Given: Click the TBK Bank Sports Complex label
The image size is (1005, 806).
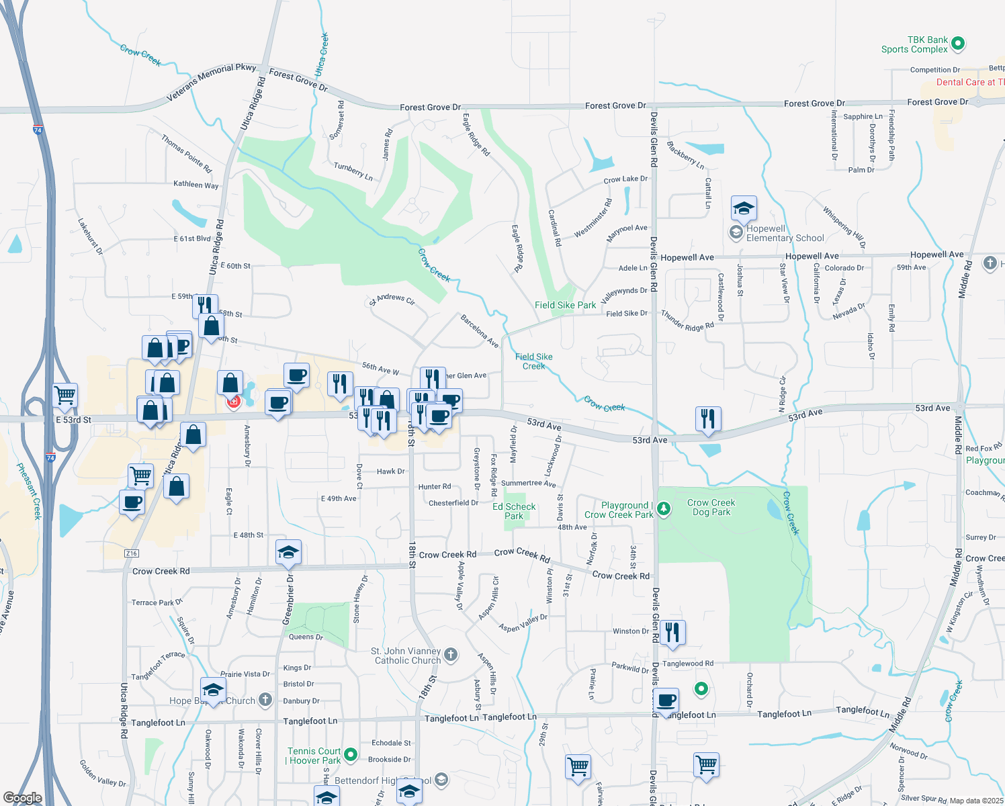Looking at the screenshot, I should pos(915,44).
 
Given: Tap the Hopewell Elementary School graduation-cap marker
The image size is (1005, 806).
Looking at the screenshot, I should pos(744,208).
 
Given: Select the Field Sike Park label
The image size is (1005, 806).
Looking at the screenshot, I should pos(565,305).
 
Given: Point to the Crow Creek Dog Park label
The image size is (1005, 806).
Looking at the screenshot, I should pos(711,507).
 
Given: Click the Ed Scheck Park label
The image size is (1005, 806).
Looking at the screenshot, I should pos(514,511).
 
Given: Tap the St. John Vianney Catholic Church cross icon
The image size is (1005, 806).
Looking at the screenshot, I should pos(451,654).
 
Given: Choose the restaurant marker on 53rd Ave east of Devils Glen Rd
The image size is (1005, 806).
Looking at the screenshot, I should pos(708,418).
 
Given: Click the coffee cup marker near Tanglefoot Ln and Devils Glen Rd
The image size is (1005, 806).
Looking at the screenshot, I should pos(666,701).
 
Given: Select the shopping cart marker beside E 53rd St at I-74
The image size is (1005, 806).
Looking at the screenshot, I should pos(65,395).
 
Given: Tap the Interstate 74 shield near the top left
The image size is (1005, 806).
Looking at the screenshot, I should pos(38,130).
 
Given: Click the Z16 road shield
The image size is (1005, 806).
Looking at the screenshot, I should pos(131,553).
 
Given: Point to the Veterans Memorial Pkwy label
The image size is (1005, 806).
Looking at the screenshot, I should pos(212,81).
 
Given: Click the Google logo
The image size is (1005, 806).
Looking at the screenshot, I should pos(23,798).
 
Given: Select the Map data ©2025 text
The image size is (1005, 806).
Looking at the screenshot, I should pos(975,801).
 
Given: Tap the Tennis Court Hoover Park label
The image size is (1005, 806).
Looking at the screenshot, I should pos(314,756).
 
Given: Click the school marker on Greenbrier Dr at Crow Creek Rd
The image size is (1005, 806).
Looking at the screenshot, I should pos(288,552).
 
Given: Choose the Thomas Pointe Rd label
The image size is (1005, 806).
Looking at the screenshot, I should pos(186,153).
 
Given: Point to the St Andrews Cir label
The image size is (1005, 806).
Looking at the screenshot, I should pos(392,299).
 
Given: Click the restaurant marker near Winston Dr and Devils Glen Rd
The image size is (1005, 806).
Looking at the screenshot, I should pos(672,633).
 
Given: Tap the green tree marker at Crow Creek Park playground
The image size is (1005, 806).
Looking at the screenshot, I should pos(664,508).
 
